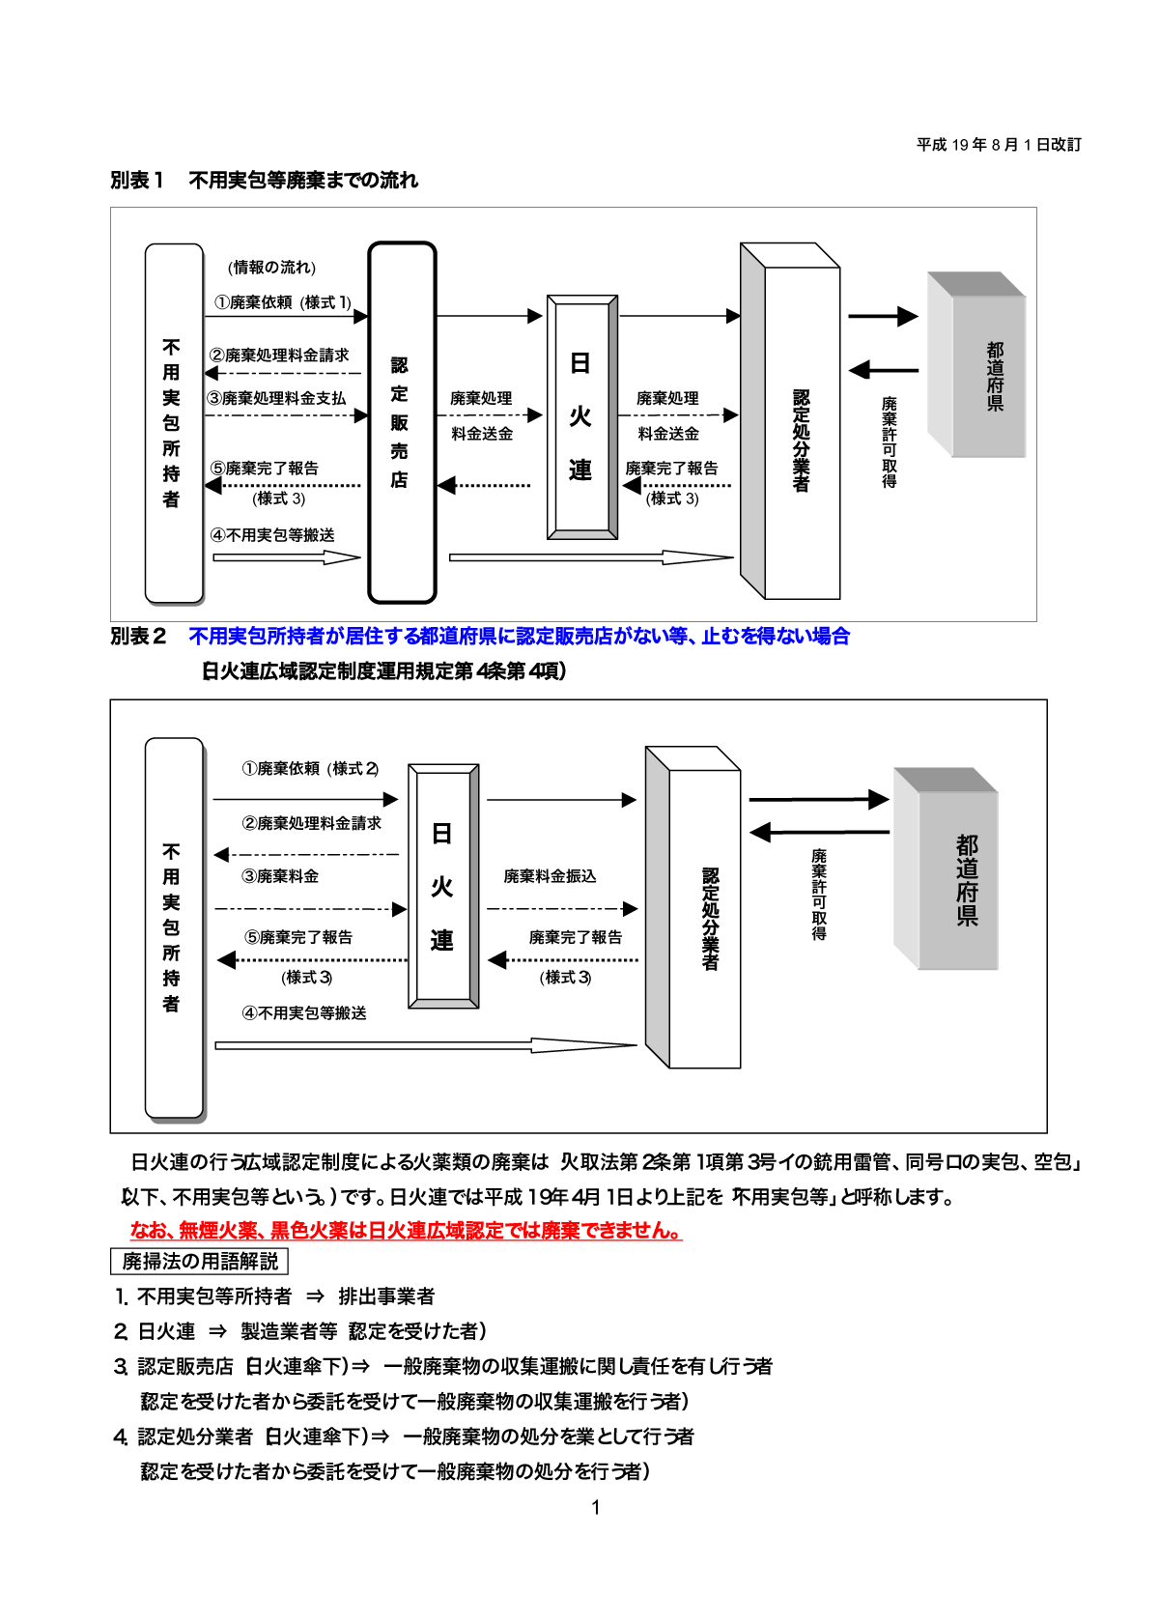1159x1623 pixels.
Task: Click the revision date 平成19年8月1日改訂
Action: [999, 145]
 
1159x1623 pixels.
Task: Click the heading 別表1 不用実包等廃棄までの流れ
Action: [264, 181]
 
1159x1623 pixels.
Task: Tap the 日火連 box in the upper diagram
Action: [581, 417]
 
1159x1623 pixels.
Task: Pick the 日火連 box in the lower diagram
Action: [443, 886]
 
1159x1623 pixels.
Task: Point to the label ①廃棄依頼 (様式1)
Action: [283, 302]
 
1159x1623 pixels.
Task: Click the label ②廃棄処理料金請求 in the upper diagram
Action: [279, 356]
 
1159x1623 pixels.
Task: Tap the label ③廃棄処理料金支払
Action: [276, 398]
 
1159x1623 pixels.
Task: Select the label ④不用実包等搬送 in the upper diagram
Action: [273, 535]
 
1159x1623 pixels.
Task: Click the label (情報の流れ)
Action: [272, 268]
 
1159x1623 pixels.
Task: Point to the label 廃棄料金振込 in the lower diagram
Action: [550, 876]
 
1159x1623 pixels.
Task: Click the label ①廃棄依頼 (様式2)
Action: [310, 769]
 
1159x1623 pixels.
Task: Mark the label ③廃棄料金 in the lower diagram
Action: [280, 876]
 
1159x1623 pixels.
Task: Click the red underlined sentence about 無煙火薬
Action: [406, 1231]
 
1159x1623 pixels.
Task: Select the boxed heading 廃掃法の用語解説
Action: [200, 1262]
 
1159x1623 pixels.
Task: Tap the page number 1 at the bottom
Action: [596, 1507]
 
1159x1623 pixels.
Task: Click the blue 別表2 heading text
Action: [519, 637]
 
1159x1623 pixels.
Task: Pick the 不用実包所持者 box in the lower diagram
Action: [173, 927]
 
